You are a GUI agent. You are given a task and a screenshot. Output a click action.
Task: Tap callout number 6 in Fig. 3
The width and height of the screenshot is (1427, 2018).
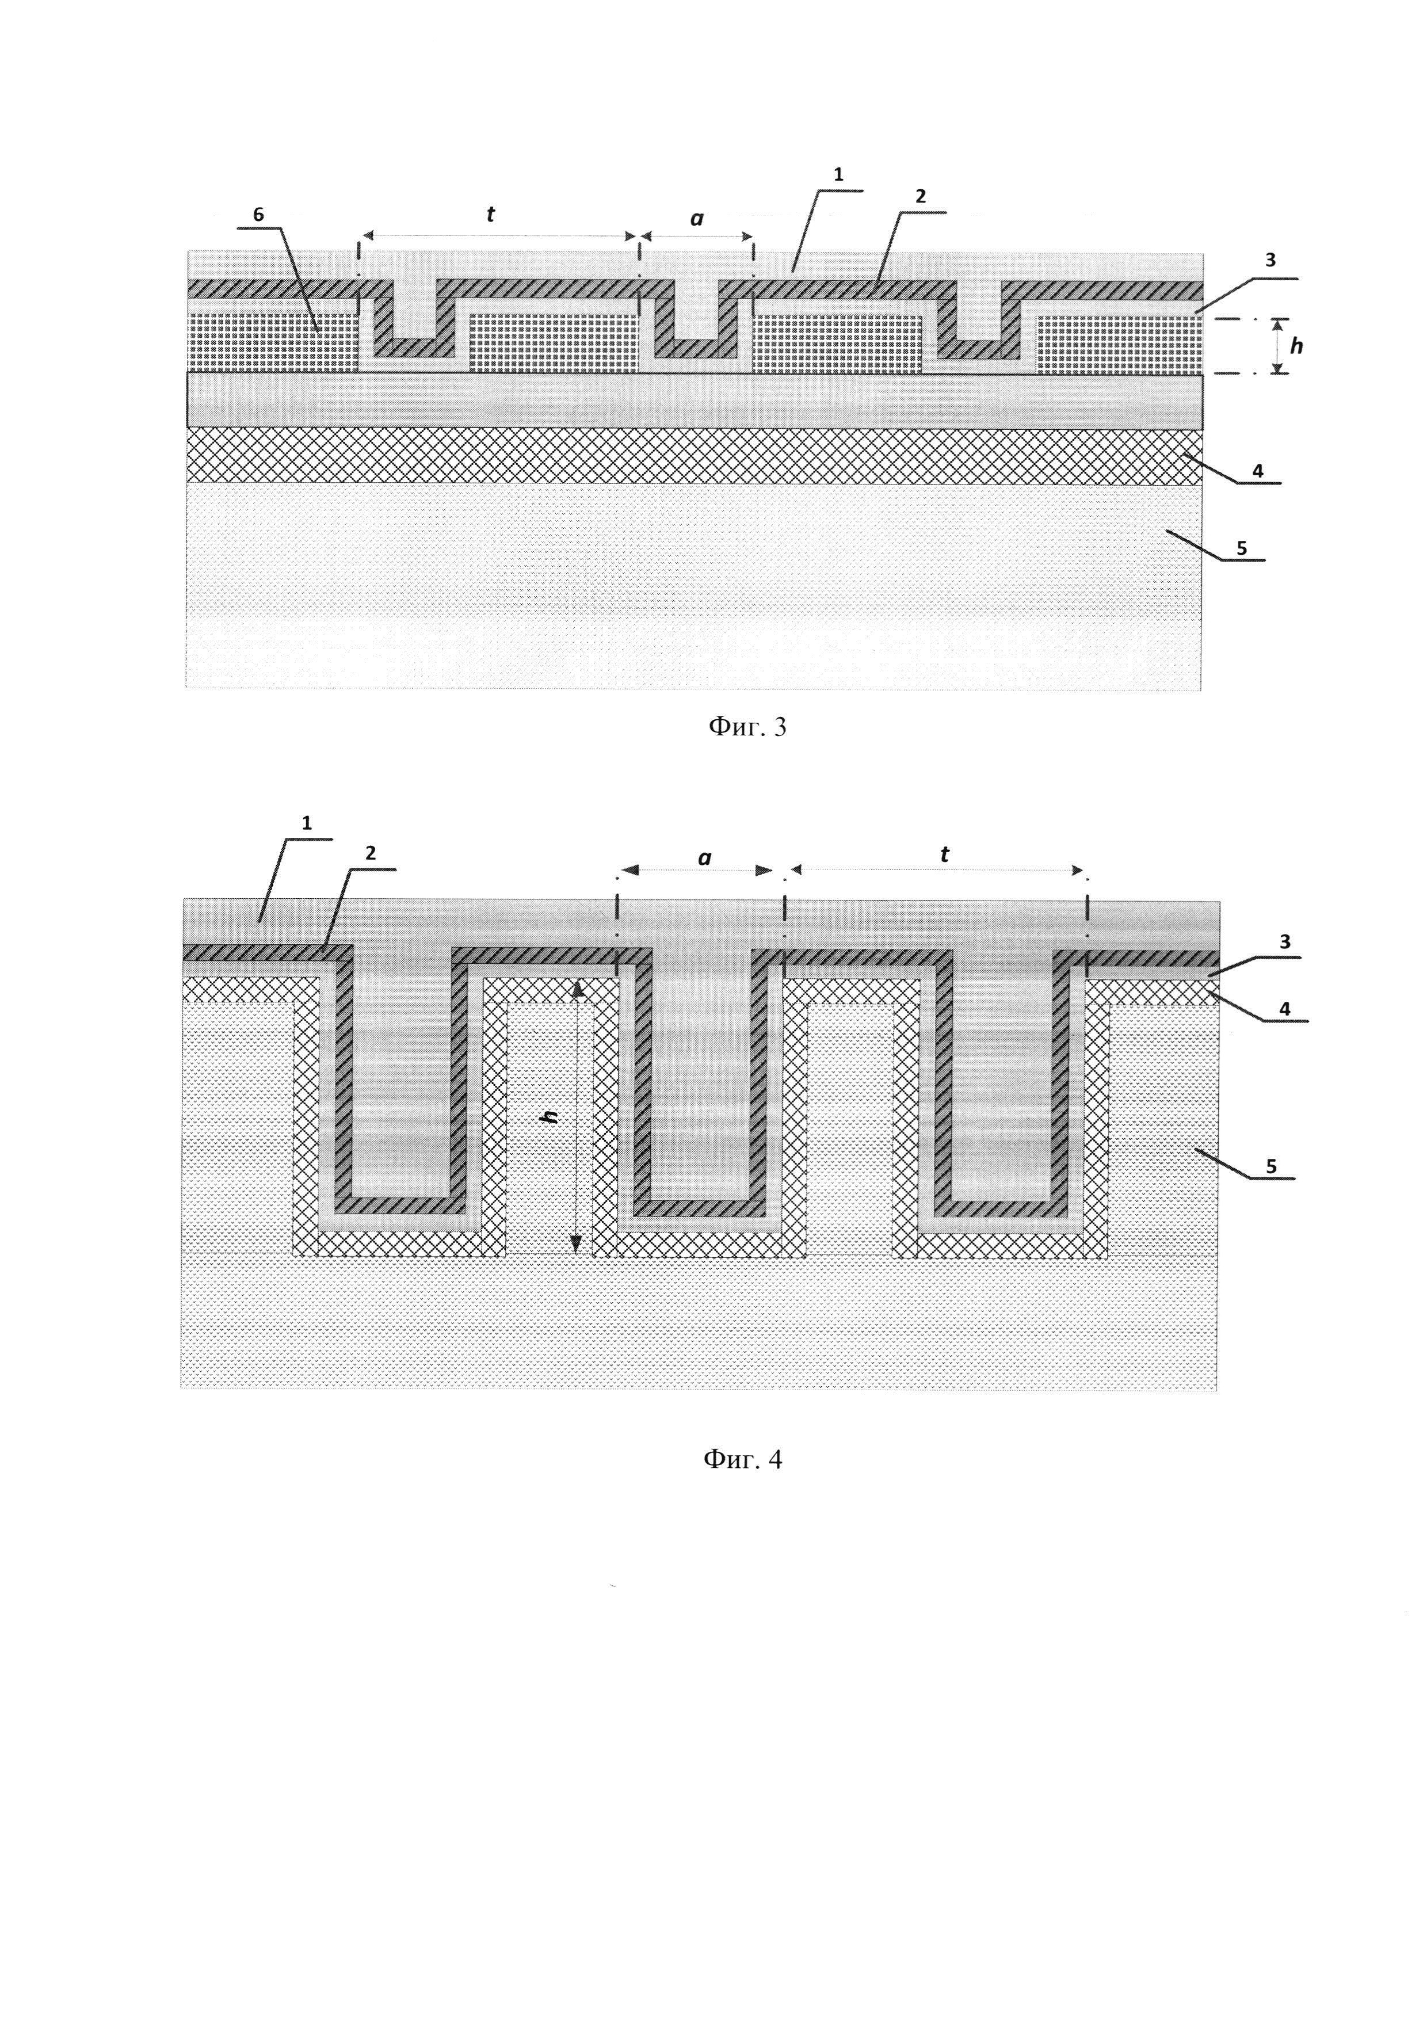tap(258, 215)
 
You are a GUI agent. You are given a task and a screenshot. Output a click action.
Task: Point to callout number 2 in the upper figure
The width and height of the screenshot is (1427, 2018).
tap(920, 197)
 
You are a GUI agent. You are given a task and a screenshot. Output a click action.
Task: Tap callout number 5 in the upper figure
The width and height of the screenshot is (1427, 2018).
tap(1242, 548)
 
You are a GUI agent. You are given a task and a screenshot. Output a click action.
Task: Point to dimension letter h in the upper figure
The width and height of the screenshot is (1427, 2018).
tap(1296, 346)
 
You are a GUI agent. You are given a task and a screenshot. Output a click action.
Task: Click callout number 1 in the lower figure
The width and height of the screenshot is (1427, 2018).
tap(307, 823)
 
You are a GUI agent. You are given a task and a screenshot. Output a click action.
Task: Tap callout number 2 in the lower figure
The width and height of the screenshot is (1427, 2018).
tap(371, 853)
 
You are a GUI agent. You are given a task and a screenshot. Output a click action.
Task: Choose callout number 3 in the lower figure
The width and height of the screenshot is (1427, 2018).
tap(1285, 942)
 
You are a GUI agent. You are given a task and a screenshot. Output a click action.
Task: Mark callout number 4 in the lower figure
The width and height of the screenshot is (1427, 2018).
tap(1285, 1009)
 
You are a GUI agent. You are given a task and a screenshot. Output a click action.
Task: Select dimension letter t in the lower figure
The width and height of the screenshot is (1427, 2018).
tap(945, 854)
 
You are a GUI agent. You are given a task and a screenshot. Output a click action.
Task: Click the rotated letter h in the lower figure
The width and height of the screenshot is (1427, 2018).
tap(551, 1117)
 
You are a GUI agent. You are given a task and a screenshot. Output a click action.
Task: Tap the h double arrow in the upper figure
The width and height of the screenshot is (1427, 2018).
tap(1277, 346)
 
